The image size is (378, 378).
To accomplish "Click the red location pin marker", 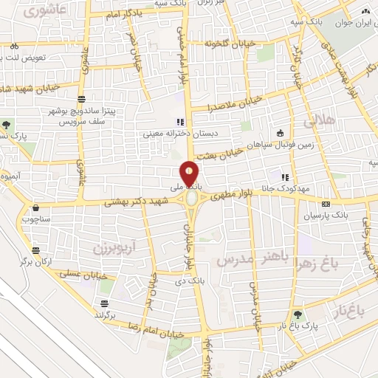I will (x=190, y=174).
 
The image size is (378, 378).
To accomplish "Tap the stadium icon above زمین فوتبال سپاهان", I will (x=280, y=133).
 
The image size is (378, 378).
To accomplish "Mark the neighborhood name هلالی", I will (x=323, y=118).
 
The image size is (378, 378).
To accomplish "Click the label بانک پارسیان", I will (x=326, y=216).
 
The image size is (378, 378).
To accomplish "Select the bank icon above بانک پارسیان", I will (x=326, y=204).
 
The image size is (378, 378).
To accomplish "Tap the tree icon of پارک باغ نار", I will (x=298, y=314).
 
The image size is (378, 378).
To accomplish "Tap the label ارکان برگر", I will (x=37, y=262).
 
